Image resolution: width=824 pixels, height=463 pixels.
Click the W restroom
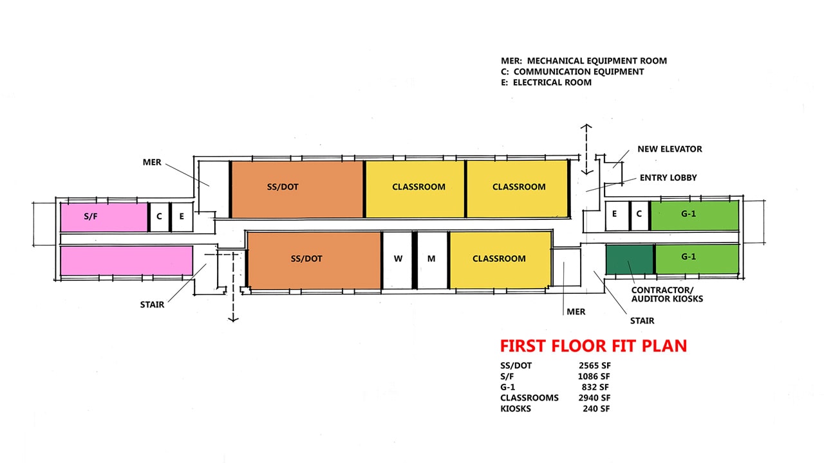pos(397,260)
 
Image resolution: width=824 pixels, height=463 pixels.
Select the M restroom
pos(432,260)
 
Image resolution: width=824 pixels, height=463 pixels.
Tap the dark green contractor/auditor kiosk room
pos(630,259)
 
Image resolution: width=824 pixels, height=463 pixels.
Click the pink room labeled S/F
pos(104,217)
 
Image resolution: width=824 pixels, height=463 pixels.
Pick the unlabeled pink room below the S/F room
pos(127,260)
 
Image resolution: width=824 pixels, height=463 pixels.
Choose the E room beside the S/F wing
pos(182,217)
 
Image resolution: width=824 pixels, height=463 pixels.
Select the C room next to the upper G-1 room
pos(639,215)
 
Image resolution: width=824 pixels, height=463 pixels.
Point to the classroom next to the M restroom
pos(500,260)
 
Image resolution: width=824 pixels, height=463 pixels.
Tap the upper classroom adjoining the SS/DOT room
pos(415,189)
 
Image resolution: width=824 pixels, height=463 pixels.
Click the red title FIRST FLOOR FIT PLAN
pos(594,346)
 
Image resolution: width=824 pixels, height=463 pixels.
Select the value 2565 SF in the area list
pos(594,366)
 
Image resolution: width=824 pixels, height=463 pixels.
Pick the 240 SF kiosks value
pos(596,408)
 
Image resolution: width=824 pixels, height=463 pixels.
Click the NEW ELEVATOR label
pos(669,149)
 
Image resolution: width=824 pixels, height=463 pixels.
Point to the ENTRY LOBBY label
pos(668,177)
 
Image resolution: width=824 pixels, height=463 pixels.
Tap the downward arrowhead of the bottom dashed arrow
pos(233,320)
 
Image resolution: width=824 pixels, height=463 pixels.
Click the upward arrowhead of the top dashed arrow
pos(586,127)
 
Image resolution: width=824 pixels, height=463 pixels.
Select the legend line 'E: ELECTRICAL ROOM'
pos(546,82)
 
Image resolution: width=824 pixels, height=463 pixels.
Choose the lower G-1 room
pos(697,259)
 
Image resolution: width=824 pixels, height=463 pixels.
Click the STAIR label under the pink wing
pos(152,305)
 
